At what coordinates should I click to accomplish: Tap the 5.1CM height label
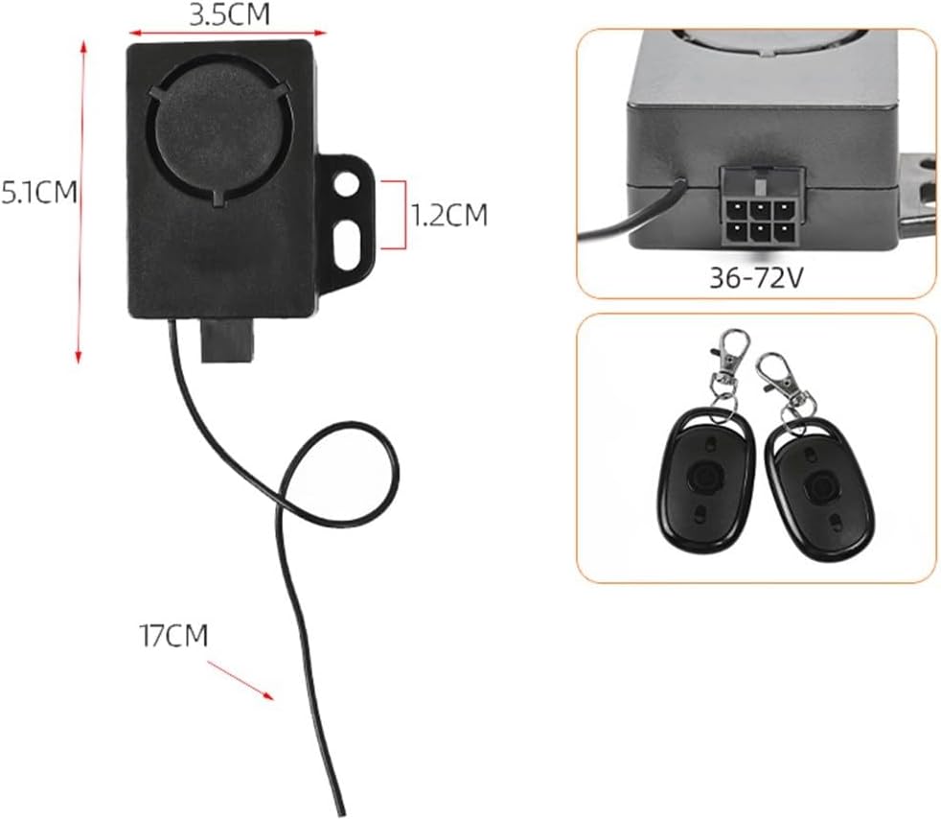(38, 193)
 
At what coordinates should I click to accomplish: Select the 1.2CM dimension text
(449, 215)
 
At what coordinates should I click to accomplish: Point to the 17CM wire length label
(173, 635)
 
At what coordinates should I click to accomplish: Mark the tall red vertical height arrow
(81, 201)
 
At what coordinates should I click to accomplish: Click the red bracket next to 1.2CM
(391, 214)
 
